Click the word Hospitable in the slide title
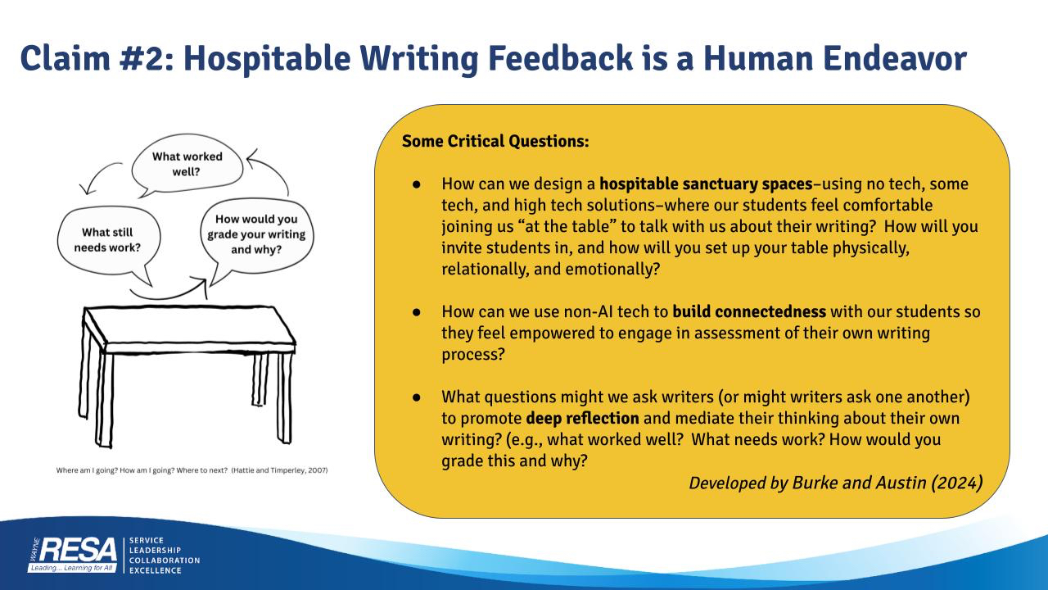(x=267, y=58)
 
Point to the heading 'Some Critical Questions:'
(x=495, y=141)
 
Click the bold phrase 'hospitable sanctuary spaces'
(x=706, y=184)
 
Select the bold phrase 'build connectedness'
(x=749, y=311)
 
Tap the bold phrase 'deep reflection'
(x=582, y=418)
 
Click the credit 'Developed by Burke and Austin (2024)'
(x=836, y=483)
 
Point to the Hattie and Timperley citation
(x=192, y=470)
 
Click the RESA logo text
(x=78, y=550)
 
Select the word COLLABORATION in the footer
(x=165, y=560)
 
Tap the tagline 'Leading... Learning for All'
(x=71, y=568)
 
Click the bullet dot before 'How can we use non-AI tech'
(x=417, y=312)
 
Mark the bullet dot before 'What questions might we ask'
(x=417, y=397)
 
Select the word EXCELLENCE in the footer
(x=155, y=570)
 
